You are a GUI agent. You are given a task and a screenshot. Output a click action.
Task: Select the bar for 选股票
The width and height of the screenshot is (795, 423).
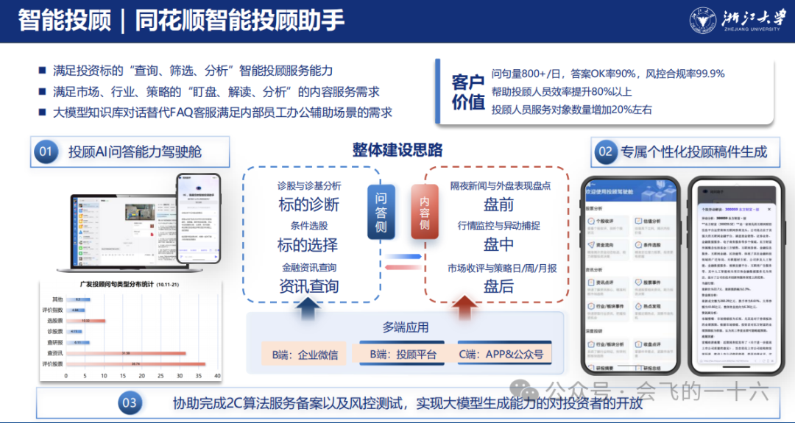[85, 321]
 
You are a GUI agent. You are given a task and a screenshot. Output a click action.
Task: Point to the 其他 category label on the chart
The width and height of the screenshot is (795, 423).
[57, 299]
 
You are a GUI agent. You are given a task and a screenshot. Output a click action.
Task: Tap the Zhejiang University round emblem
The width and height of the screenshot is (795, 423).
[704, 20]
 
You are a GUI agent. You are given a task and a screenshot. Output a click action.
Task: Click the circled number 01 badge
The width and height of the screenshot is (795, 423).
[46, 152]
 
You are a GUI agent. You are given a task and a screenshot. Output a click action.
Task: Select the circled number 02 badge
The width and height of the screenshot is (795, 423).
[605, 152]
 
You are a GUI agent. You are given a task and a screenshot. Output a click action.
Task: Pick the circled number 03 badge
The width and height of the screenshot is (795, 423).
[130, 402]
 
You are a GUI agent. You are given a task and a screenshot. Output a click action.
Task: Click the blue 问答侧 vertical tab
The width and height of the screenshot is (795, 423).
[381, 210]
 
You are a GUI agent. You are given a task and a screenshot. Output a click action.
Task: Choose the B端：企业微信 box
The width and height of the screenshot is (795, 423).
[305, 355]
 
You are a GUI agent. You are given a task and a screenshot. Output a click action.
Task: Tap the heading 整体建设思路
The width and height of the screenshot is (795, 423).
[397, 150]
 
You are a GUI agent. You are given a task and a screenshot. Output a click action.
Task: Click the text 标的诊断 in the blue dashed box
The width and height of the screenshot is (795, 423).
[308, 205]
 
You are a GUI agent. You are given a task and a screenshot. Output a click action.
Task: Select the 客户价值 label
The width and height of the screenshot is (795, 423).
[467, 93]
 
